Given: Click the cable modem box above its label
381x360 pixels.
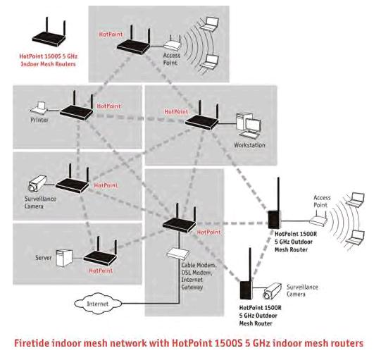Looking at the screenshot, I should [175, 253].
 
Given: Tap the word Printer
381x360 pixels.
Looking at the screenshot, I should [40, 120].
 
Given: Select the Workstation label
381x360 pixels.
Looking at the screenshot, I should [249, 146].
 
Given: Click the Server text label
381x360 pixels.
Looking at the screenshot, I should [44, 259].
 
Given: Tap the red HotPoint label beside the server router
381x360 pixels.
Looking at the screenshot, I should [101, 270].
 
